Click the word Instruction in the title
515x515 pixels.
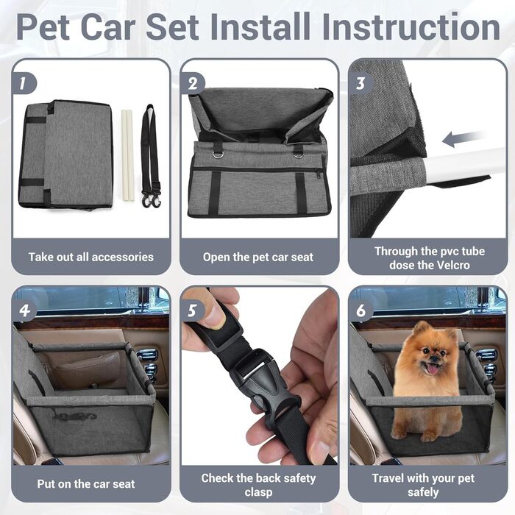tap(411, 27)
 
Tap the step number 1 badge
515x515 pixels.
tap(23, 83)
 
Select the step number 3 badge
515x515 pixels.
tap(360, 83)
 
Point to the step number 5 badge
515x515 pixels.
tap(192, 310)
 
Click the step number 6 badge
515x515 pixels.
tap(360, 310)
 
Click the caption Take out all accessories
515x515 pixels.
tap(91, 257)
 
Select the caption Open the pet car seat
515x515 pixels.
tap(258, 257)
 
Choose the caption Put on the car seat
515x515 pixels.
tap(86, 484)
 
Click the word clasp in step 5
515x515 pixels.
tap(258, 492)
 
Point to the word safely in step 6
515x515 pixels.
tap(423, 492)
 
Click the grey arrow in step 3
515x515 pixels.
tap(463, 138)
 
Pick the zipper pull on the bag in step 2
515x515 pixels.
tap(319, 174)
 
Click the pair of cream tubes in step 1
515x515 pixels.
tap(128, 155)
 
